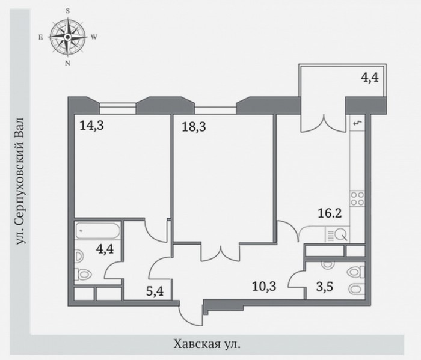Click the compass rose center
point(67,37)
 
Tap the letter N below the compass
point(67,63)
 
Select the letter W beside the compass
point(94,37)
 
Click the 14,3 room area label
point(91,125)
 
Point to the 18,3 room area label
point(194,126)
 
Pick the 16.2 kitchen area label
point(330,213)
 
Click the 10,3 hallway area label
point(264,287)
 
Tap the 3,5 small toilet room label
point(325,287)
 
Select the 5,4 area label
point(155,291)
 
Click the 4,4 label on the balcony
point(370,78)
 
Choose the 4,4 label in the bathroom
point(105,249)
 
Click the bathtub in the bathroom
point(97,230)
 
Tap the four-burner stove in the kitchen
point(358,198)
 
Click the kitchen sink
point(337,234)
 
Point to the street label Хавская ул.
point(207,344)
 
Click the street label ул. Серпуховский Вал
point(21,181)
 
